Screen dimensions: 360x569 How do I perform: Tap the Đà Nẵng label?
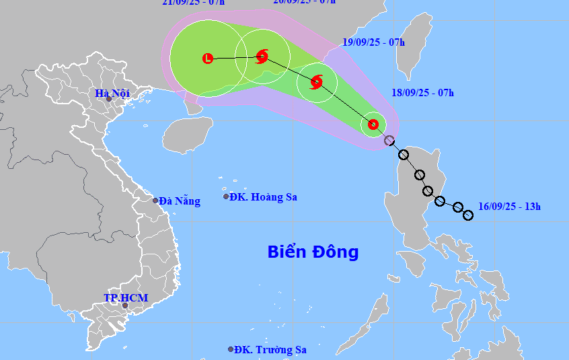pyautogui.click(x=180, y=201)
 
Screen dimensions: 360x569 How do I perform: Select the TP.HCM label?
pyautogui.click(x=126, y=297)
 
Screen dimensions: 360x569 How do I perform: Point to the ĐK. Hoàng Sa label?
pyautogui.click(x=263, y=197)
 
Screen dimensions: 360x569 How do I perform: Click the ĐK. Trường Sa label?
pyautogui.click(x=271, y=349)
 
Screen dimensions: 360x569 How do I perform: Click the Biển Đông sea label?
pyautogui.click(x=313, y=252)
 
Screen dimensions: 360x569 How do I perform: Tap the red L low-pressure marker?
pyautogui.click(x=208, y=59)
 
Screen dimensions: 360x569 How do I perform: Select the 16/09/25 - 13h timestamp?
pyautogui.click(x=509, y=207)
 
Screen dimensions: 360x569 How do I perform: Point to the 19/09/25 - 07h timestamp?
pyautogui.click(x=373, y=42)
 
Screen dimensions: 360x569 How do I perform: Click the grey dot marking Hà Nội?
pyautogui.click(x=109, y=99)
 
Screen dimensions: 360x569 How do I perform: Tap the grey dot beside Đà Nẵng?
pyautogui.click(x=155, y=201)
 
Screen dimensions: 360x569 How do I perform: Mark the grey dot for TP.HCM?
pyautogui.click(x=124, y=305)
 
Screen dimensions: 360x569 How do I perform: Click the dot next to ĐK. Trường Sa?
pyautogui.click(x=231, y=349)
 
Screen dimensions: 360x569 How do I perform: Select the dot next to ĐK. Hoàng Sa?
pyautogui.click(x=226, y=196)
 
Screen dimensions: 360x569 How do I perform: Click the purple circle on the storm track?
pyautogui.click(x=389, y=141)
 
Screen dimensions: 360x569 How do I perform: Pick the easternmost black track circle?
pyautogui.click(x=468, y=215)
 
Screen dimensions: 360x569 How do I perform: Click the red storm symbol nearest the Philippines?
pyautogui.click(x=373, y=124)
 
